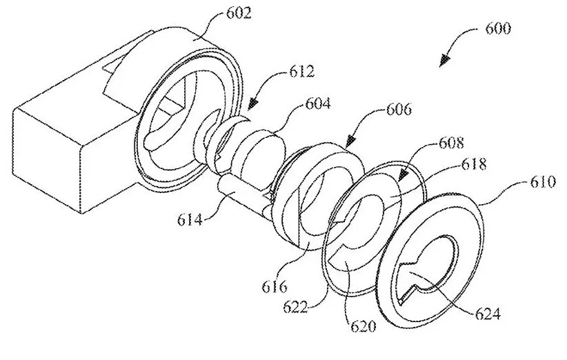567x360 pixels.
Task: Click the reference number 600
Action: pyautogui.click(x=497, y=28)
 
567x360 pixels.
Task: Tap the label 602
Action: pyautogui.click(x=238, y=13)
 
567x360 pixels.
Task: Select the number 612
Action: pyautogui.click(x=301, y=71)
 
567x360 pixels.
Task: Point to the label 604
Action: pyautogui.click(x=317, y=103)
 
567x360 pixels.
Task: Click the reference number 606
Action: pyautogui.click(x=399, y=109)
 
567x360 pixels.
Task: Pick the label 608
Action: pyautogui.click(x=451, y=143)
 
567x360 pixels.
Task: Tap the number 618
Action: pyautogui.click(x=474, y=163)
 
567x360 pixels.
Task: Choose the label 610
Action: pyautogui.click(x=543, y=181)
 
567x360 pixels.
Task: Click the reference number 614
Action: pyautogui.click(x=190, y=219)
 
